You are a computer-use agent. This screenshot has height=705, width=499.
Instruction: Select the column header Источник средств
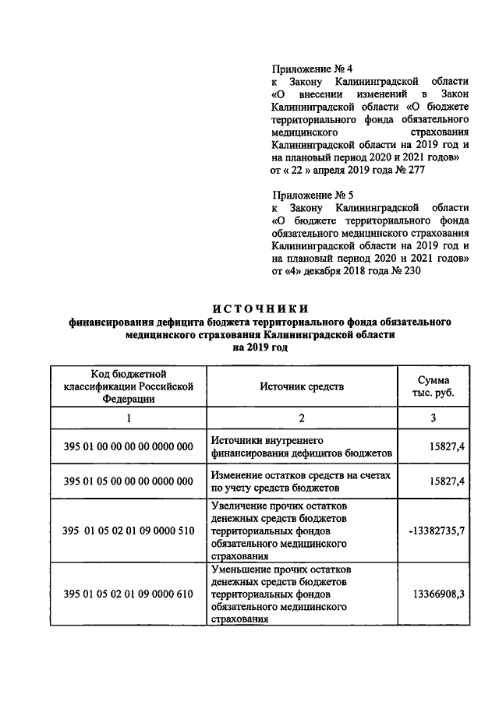(300, 386)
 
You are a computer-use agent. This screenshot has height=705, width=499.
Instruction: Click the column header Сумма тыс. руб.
(435, 386)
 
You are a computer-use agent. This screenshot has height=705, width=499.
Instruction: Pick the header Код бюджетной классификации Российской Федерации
(128, 386)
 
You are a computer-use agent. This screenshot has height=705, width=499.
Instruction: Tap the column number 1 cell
(128, 418)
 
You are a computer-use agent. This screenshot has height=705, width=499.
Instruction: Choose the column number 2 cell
(300, 418)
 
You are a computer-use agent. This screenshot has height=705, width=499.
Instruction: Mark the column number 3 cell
(435, 418)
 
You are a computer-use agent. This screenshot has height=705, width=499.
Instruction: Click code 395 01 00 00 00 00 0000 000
(128, 446)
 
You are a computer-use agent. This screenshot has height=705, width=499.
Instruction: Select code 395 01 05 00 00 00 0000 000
(128, 481)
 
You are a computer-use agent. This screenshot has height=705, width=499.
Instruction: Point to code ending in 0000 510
(128, 531)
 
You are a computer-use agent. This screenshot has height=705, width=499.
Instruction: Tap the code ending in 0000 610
(128, 594)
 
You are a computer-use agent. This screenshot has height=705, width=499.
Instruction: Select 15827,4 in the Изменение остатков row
(447, 481)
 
